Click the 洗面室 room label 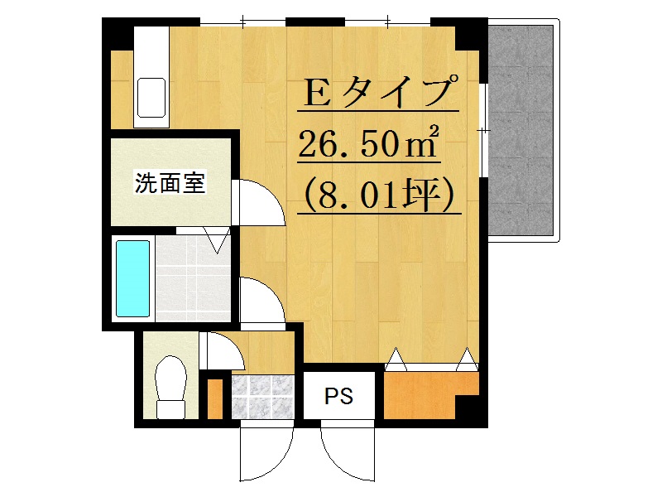point(170,182)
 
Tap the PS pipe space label point(339,396)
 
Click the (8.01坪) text point(379,195)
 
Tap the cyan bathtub point(132,278)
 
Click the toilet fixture point(171,387)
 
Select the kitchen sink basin point(151,97)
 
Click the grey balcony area point(520,130)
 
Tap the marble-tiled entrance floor point(262,397)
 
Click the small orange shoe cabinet point(215,398)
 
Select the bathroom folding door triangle point(217,240)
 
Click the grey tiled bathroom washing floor point(193,278)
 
